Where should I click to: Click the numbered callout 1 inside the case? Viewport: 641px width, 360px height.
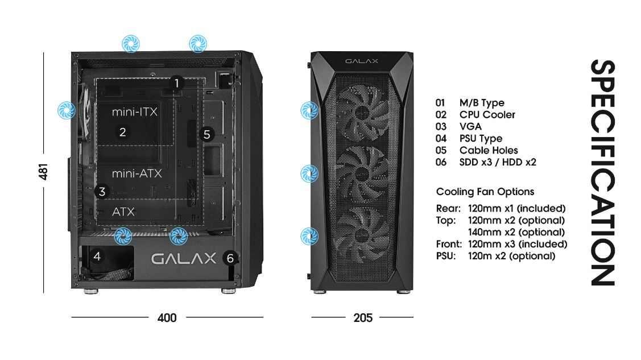click(x=176, y=83)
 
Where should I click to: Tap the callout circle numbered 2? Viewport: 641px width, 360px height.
click(x=123, y=132)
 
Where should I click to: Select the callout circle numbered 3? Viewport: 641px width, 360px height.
click(x=102, y=192)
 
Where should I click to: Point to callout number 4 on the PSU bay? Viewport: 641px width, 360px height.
click(x=97, y=256)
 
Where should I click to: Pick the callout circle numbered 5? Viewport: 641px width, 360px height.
click(x=207, y=134)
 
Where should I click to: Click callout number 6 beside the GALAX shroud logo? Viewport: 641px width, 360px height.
click(x=230, y=258)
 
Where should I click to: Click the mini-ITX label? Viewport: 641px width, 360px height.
click(x=134, y=111)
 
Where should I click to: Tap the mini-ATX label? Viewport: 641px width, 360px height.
click(x=137, y=173)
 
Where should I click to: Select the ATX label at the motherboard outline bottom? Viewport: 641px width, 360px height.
click(x=123, y=212)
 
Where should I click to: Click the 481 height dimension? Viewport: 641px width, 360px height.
click(x=43, y=172)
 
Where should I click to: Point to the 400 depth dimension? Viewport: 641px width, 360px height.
click(x=167, y=317)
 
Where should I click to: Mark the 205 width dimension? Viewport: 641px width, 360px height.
click(x=363, y=317)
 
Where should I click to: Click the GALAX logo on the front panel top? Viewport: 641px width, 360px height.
click(x=362, y=61)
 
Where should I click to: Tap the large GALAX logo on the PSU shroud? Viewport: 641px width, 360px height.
click(x=184, y=258)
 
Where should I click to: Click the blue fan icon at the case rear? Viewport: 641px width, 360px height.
click(x=66, y=110)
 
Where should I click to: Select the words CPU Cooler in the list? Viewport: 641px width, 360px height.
click(x=487, y=115)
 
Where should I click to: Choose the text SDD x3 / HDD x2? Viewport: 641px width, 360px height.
click(x=498, y=162)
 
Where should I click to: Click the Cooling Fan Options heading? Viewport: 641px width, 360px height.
click(x=485, y=192)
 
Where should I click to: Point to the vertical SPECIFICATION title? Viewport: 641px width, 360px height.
click(x=602, y=172)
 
